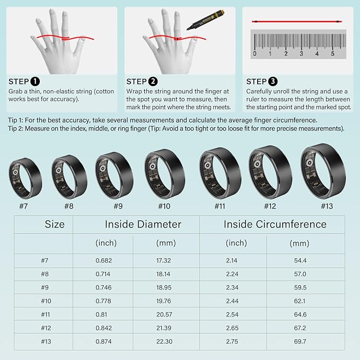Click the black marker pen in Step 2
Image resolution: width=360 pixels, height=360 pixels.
(206, 20)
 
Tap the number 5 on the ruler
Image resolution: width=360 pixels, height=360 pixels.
(332, 54)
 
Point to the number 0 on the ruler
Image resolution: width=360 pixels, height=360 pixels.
(254, 54)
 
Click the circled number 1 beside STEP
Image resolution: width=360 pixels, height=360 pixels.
(35, 81)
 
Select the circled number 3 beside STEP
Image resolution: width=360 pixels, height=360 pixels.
(273, 81)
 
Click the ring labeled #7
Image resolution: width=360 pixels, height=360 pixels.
(25, 178)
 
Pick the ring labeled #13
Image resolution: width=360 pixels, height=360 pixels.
(323, 171)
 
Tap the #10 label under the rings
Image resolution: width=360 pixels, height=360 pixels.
(164, 206)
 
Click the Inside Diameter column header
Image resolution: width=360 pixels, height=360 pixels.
(143, 224)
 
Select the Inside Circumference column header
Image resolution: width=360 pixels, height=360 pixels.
(275, 224)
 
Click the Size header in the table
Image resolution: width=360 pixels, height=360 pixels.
(55, 224)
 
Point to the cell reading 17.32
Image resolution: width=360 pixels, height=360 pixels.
(163, 260)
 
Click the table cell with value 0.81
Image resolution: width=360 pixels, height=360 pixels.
(101, 314)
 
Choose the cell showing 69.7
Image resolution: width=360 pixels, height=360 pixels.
(300, 341)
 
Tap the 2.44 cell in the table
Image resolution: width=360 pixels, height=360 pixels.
(232, 301)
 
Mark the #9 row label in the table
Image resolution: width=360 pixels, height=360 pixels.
(45, 287)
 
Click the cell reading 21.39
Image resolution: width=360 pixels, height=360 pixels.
(164, 328)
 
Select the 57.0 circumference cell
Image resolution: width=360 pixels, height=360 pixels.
(300, 274)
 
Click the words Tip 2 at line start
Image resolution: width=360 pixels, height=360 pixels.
(15, 128)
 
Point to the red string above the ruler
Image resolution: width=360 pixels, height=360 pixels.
(297, 22)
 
